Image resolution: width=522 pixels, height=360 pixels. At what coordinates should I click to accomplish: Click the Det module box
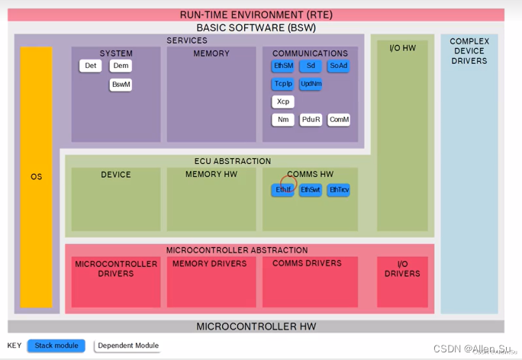(x=90, y=66)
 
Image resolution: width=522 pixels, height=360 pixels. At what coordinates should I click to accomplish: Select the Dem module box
(x=121, y=66)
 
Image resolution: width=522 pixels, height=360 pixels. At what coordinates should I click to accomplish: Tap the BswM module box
(x=121, y=85)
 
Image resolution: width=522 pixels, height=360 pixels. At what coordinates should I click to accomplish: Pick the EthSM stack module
(x=283, y=66)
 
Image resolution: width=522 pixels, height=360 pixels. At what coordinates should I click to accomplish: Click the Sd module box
(x=310, y=66)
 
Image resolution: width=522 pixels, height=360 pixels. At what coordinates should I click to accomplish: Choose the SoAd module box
(x=338, y=66)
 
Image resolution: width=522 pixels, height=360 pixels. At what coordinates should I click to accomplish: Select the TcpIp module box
(x=283, y=84)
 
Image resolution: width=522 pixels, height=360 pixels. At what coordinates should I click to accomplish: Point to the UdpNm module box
(x=311, y=84)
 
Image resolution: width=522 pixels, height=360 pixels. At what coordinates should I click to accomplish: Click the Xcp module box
(x=283, y=101)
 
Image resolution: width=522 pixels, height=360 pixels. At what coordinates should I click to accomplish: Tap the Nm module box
(x=283, y=120)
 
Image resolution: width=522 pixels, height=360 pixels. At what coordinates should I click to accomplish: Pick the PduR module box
(x=311, y=120)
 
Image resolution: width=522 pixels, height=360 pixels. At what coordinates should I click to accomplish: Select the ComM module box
(x=339, y=120)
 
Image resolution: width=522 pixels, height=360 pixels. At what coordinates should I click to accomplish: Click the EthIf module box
(x=283, y=190)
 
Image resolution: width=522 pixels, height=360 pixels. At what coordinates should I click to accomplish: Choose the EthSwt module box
(x=310, y=190)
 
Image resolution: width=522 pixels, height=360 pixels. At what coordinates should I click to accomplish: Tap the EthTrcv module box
(x=338, y=190)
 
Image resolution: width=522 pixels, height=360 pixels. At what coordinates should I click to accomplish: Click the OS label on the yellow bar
(x=36, y=177)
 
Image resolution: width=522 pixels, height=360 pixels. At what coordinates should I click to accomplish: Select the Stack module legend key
(x=56, y=346)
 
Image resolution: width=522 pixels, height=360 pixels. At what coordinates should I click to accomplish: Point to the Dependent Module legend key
(x=127, y=346)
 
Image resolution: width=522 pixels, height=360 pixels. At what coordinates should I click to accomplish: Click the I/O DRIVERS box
(x=402, y=269)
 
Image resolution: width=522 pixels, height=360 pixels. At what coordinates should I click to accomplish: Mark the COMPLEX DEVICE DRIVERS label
(x=469, y=51)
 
